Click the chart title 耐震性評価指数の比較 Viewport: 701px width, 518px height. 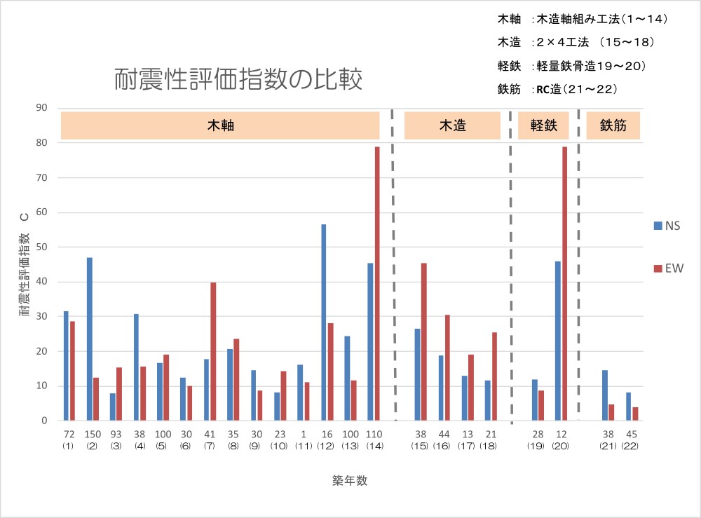pos(238,79)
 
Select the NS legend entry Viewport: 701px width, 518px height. pos(667,226)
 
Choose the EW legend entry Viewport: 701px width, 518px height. pos(667,268)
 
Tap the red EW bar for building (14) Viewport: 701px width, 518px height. pos(376,283)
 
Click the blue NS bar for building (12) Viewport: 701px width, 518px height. pos(324,322)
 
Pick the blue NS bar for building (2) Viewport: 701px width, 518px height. pos(90,339)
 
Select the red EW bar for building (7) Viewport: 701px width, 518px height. pos(213,351)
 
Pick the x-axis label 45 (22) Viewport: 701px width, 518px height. pos(631,439)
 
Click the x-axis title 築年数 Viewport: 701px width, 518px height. pos(350,480)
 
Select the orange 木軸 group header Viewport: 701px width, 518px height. pos(220,125)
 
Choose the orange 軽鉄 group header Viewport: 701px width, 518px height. pos(543,125)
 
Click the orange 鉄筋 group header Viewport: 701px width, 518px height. pos(613,125)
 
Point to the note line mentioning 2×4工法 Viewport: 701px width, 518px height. pos(575,43)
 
